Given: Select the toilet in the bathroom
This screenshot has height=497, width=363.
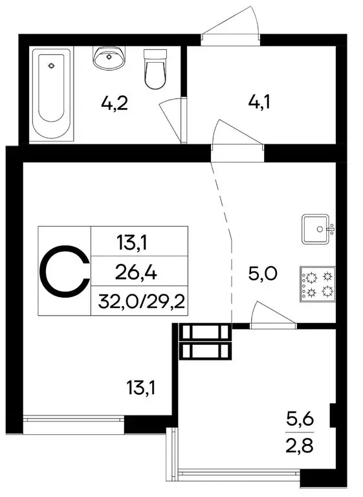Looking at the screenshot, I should (x=155, y=69).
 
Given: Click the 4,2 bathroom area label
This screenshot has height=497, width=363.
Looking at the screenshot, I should (x=114, y=103).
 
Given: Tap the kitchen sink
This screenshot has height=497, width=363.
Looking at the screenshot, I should (x=316, y=228).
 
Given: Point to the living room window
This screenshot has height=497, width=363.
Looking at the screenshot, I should (x=73, y=421).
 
